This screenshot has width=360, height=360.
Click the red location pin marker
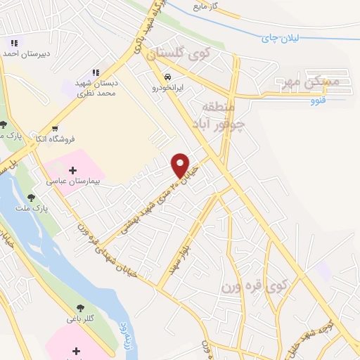pos(181,164)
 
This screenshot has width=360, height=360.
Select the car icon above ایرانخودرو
pos(167,77)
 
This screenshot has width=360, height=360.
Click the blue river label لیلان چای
pos(290,36)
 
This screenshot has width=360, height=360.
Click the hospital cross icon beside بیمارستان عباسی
pos(73,170)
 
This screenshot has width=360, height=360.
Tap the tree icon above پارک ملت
pos(31,199)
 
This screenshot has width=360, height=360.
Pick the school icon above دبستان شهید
pos(96,72)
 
